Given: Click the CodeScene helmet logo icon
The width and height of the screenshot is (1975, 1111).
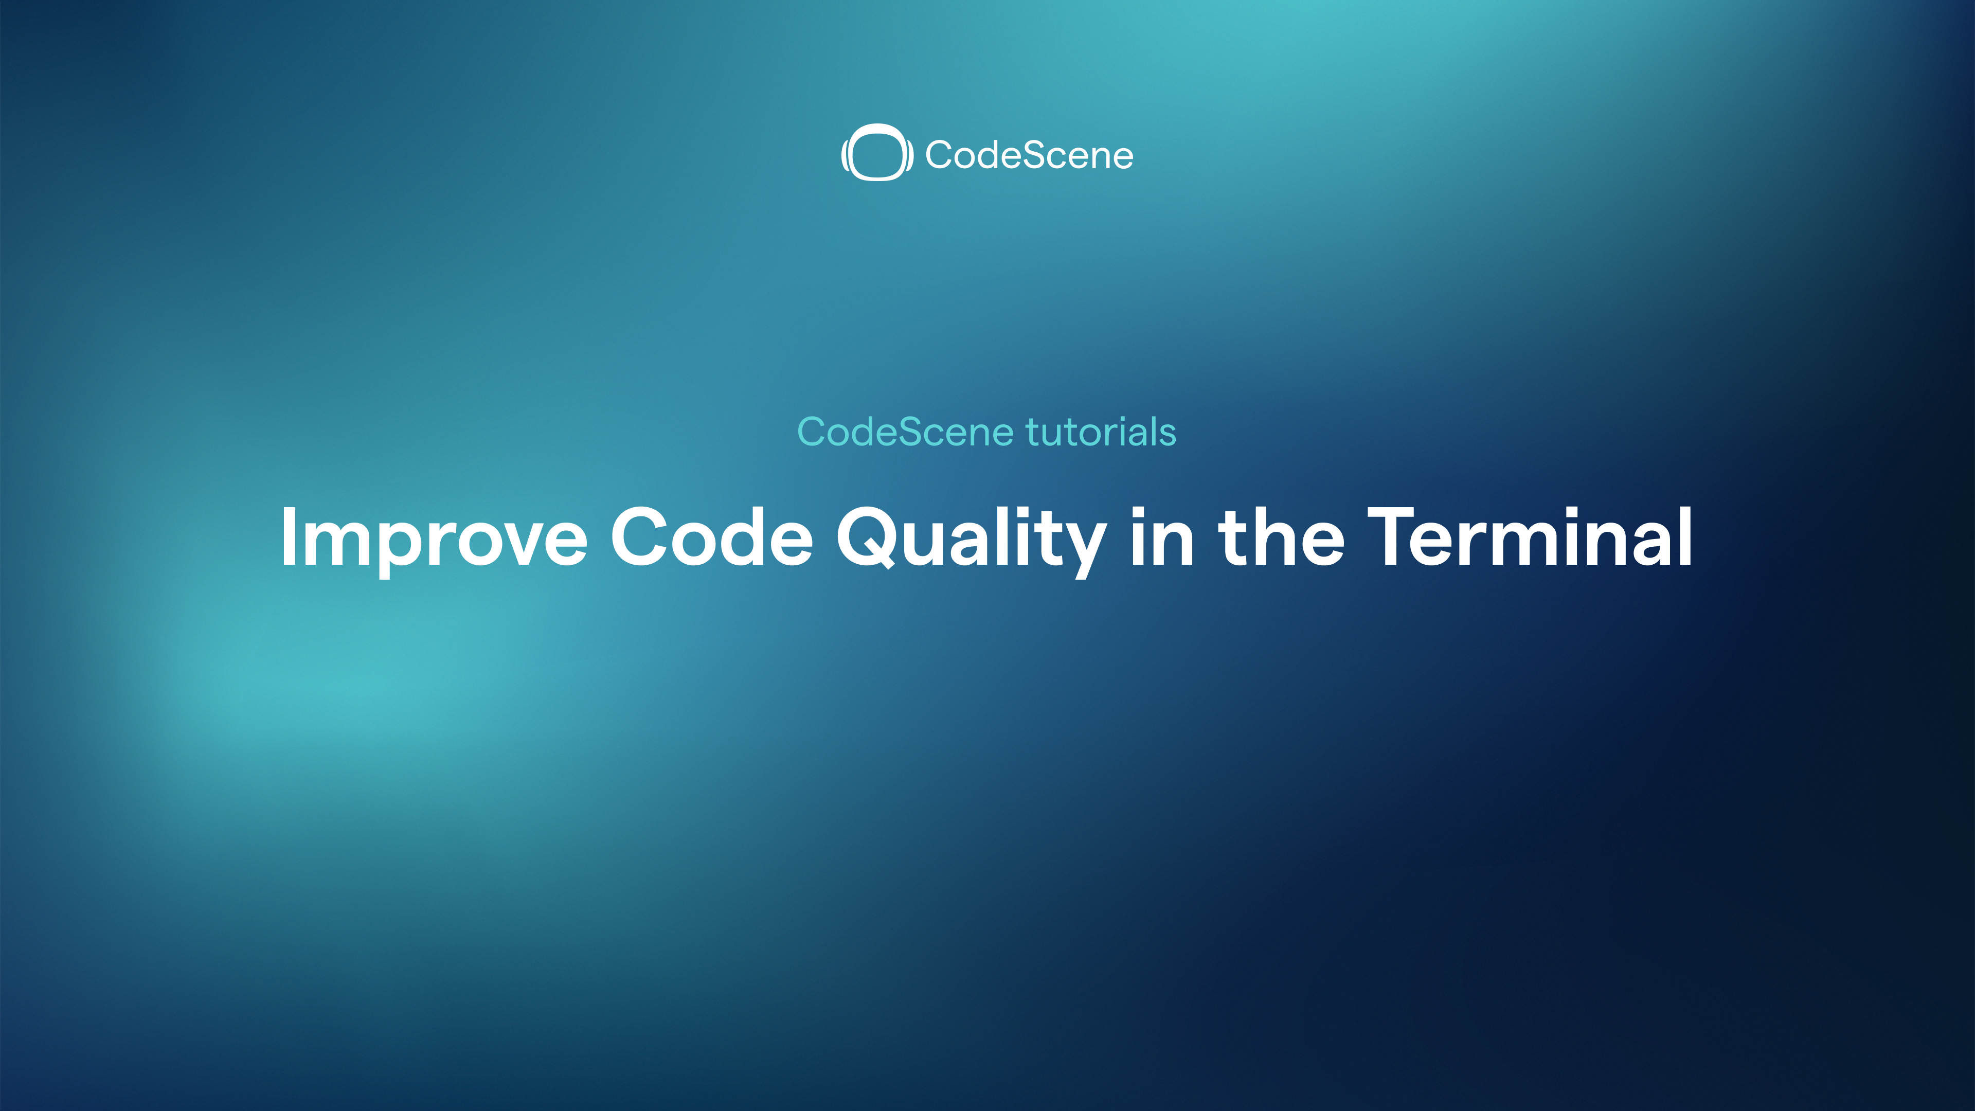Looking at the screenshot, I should click(x=877, y=153).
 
